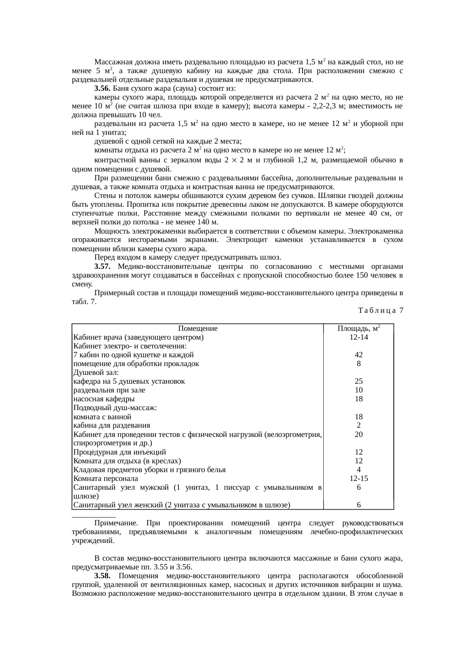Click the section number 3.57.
tap(103, 267)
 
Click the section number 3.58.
tap(103, 576)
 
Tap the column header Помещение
tap(198, 329)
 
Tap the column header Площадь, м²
tap(359, 329)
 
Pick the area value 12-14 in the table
tap(359, 337)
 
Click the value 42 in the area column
tap(359, 355)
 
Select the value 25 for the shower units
tap(359, 381)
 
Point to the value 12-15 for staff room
tap(359, 479)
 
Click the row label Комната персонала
tap(106, 479)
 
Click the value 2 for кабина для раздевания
tap(359, 425)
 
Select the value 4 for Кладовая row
tap(359, 470)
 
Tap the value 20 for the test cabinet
tap(359, 435)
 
